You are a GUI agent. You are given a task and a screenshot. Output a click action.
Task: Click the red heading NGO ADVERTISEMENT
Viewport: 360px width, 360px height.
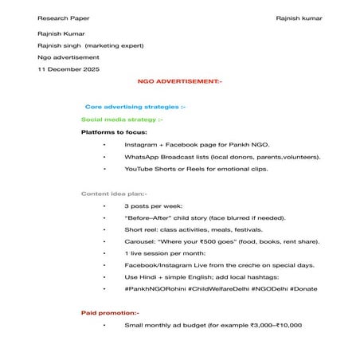point(180,81)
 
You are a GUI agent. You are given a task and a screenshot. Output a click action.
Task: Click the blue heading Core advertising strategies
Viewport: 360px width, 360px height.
point(135,106)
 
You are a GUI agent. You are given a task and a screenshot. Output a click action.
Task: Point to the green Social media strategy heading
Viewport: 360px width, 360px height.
point(116,119)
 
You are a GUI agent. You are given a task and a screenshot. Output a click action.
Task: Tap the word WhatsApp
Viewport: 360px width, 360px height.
point(141,157)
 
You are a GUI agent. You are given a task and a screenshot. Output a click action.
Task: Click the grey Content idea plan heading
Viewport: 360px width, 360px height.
point(114,194)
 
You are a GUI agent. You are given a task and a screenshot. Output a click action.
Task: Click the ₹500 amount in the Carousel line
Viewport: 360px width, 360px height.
point(205,241)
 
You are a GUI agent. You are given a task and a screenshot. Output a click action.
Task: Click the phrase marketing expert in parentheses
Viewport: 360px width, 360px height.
point(114,45)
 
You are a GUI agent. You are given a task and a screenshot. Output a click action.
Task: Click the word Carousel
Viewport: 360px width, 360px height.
point(140,241)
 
